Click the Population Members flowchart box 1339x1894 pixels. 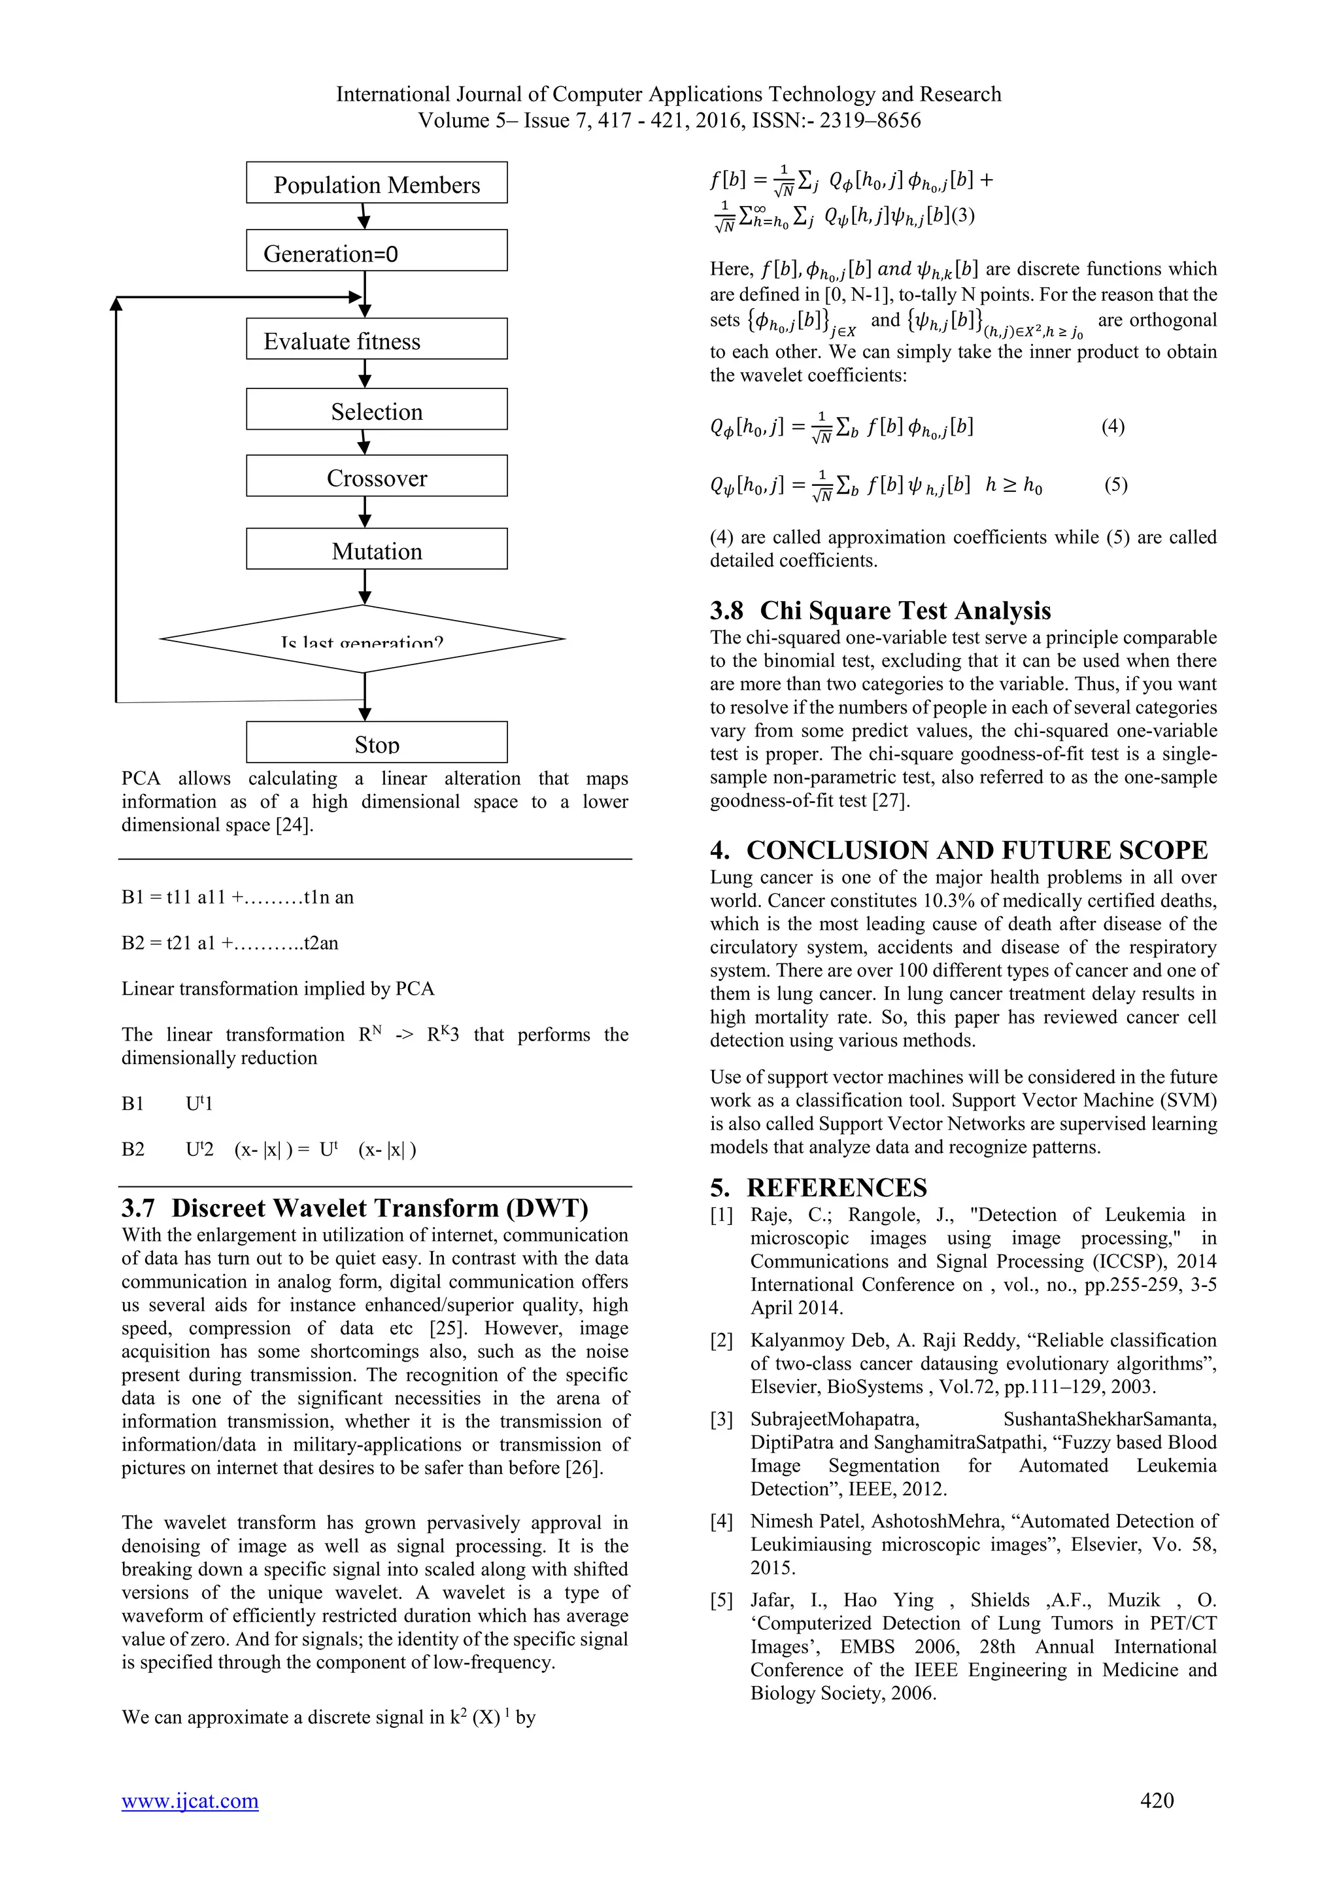pos(376,183)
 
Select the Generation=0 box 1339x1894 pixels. pos(376,250)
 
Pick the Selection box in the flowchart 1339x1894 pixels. pos(376,410)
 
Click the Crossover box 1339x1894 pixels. pos(376,477)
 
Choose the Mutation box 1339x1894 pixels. pos(376,549)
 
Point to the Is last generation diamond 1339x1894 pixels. pos(363,640)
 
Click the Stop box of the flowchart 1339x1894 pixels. pos(376,742)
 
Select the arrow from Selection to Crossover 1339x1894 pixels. pos(364,443)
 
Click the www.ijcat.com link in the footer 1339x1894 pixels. pos(190,1800)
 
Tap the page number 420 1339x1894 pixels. pos(1156,1800)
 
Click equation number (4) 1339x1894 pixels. pos(1112,426)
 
